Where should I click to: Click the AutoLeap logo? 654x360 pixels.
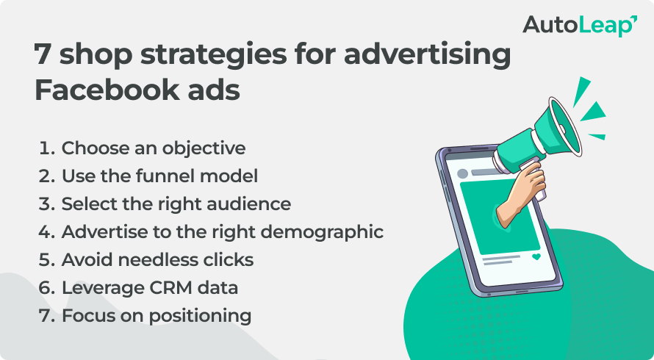pos(579,25)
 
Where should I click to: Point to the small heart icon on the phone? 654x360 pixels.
pos(536,257)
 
